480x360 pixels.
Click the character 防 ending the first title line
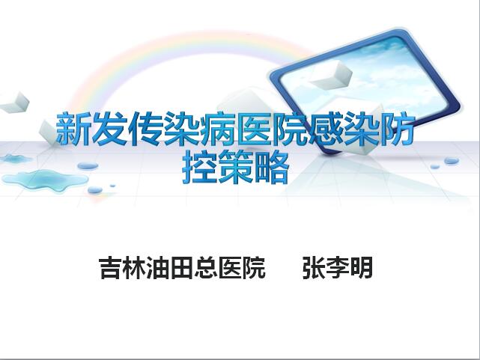pyautogui.click(x=398, y=128)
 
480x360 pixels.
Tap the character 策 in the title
pyautogui.click(x=236, y=168)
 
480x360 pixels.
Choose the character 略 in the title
pyautogui.click(x=272, y=168)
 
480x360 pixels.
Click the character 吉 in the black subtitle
pyautogui.click(x=110, y=268)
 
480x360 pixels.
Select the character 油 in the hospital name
pyautogui.click(x=158, y=268)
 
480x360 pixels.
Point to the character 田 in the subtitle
pyautogui.click(x=181, y=268)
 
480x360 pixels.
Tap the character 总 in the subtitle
pyautogui.click(x=206, y=268)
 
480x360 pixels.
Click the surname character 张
pyautogui.click(x=314, y=268)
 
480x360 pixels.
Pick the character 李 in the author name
pyautogui.click(x=337, y=268)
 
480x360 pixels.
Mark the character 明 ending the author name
pyautogui.click(x=361, y=268)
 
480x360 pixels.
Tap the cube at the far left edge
pyautogui.click(x=15, y=102)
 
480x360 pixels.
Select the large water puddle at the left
pyautogui.click(x=45, y=180)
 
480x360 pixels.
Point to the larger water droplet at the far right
pyautogui.click(x=452, y=161)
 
